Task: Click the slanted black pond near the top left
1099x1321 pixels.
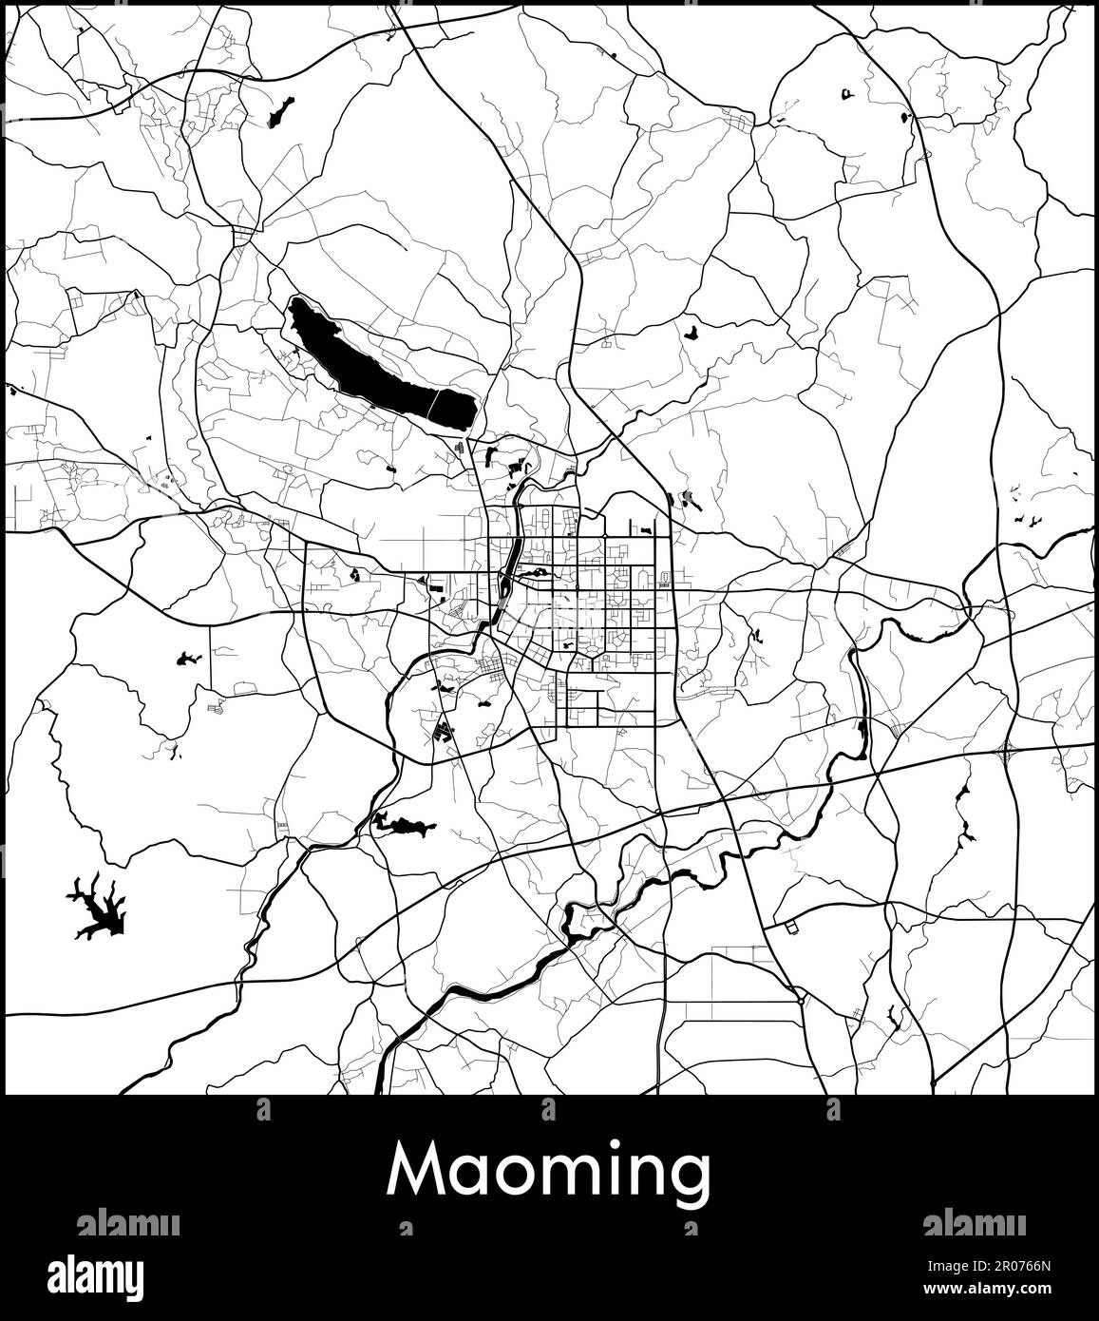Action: coord(279,113)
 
